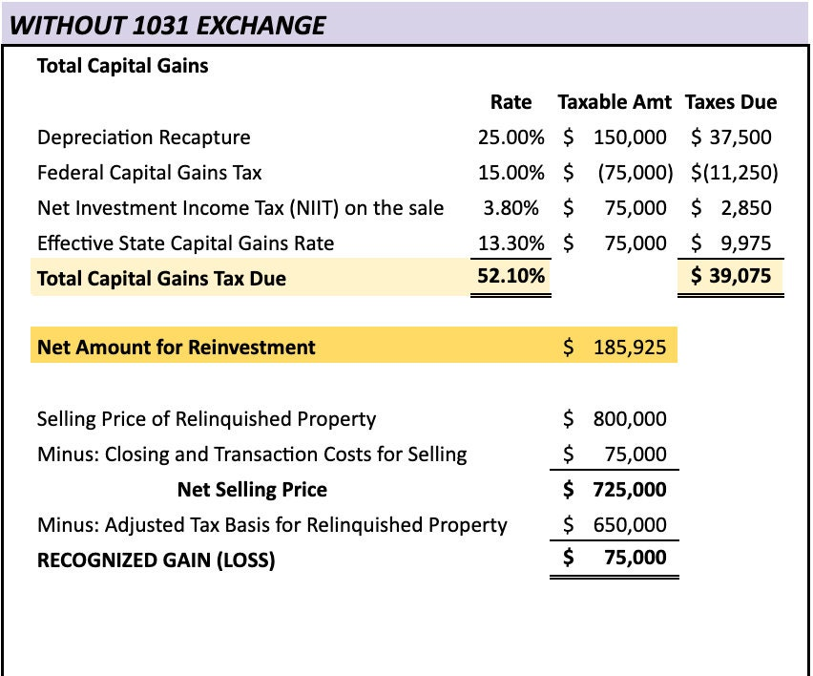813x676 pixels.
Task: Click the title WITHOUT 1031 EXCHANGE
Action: tap(167, 25)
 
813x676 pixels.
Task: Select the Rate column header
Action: tap(511, 102)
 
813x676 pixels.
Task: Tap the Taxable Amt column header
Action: tap(615, 102)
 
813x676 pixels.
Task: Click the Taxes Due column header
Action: tap(731, 102)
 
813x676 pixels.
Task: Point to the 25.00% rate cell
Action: tap(511, 137)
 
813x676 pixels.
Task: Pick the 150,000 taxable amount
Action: tap(629, 137)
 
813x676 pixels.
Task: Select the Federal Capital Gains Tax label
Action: tap(149, 173)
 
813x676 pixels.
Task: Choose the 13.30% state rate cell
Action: tap(511, 243)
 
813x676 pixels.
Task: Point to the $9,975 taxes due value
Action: tap(733, 243)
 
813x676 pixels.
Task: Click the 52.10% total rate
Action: tap(511, 278)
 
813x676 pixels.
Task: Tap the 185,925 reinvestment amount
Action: tap(629, 347)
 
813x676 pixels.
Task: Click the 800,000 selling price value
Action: tap(629, 419)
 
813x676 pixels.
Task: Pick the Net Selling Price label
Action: tap(252, 490)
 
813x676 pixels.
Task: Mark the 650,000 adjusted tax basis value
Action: tap(629, 524)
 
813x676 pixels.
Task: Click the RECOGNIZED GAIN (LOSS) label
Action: tap(156, 560)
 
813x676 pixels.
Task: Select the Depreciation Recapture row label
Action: tap(143, 137)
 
